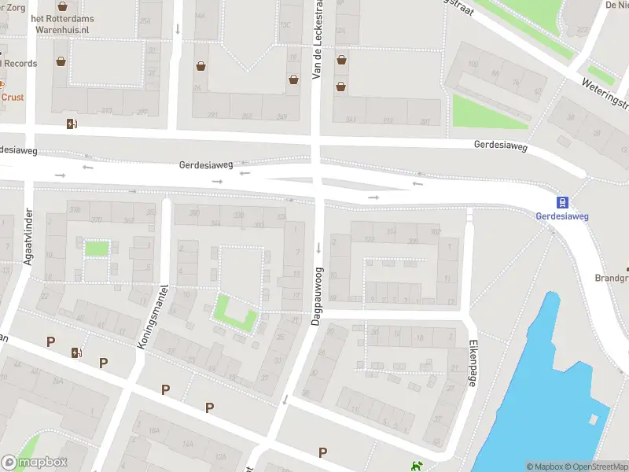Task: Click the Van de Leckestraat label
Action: point(318,39)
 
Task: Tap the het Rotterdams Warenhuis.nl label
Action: point(60,23)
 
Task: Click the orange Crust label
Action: point(13,98)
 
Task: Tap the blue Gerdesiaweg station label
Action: point(562,216)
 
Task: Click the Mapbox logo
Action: point(35,462)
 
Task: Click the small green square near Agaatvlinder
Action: point(96,249)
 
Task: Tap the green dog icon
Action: point(416,466)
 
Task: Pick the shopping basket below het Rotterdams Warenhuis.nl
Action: point(61,61)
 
